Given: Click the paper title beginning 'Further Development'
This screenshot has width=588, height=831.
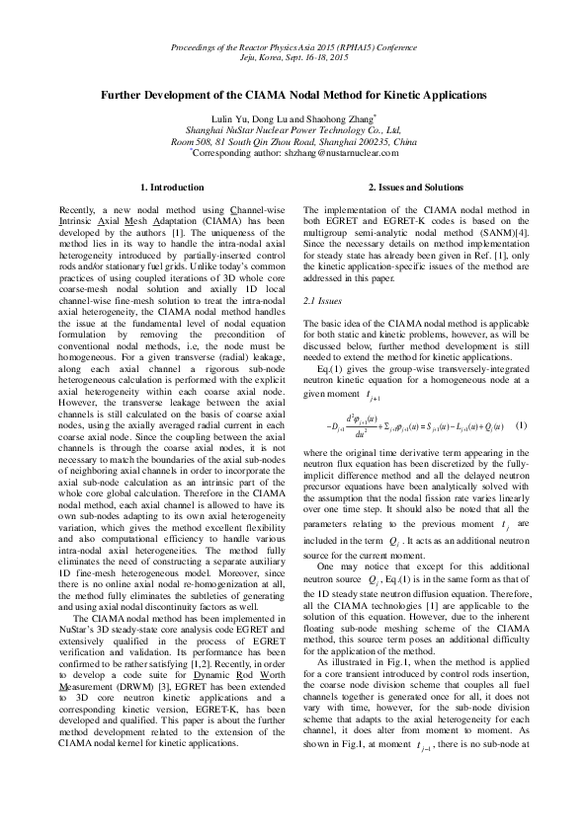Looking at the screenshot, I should (294, 96).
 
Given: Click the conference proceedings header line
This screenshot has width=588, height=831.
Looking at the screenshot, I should (294, 47).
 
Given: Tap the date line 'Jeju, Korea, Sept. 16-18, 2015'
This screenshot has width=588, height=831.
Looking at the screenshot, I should (294, 58).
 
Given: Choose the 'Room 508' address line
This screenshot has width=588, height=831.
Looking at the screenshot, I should (294, 142).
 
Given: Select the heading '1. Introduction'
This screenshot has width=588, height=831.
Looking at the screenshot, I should (172, 187).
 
